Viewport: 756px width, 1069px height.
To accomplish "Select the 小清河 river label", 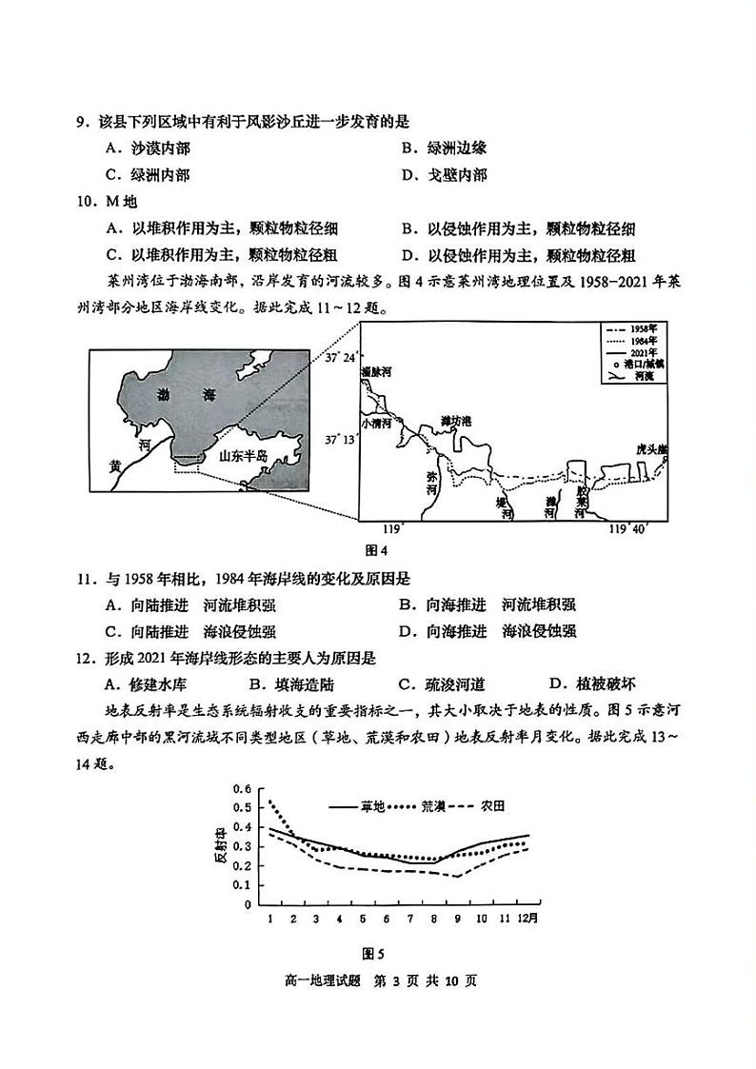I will (377, 423).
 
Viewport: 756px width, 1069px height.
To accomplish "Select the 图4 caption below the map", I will (378, 550).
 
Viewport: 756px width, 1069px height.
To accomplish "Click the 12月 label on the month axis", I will (527, 918).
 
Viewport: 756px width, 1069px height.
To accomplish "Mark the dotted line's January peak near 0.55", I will (271, 802).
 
